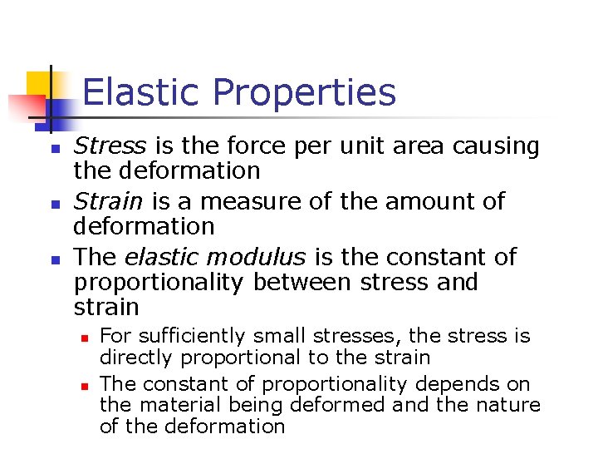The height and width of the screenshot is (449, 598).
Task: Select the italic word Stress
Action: point(110,146)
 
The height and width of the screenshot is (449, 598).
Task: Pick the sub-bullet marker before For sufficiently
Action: point(84,338)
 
